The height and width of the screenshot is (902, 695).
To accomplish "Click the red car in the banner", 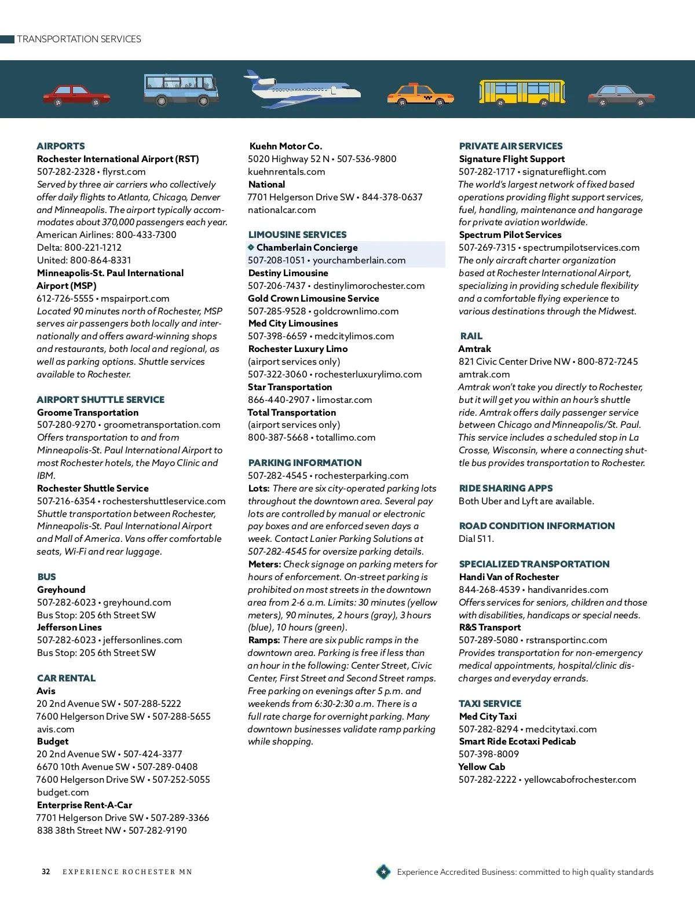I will [x=76, y=95].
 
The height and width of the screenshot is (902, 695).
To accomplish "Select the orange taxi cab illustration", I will [x=420, y=94].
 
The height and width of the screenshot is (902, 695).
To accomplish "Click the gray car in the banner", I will [x=621, y=96].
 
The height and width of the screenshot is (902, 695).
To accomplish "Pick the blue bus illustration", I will [x=181, y=89].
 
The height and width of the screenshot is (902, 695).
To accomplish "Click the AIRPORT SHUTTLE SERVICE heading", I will [x=100, y=399].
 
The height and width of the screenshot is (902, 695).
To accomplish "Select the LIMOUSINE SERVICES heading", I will [x=297, y=234].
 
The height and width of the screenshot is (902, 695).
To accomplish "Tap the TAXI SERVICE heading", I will [x=490, y=703].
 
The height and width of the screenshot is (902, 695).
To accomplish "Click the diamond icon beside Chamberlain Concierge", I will [x=251, y=247].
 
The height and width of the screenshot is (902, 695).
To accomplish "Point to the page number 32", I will [x=46, y=872].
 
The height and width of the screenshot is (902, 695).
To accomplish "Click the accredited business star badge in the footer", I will [x=383, y=871].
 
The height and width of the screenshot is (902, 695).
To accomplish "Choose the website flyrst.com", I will [x=124, y=171].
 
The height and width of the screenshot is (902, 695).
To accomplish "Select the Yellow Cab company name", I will [x=481, y=767].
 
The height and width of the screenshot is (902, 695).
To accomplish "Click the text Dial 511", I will [x=476, y=538].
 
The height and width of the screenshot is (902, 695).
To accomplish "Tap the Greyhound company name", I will [x=61, y=589].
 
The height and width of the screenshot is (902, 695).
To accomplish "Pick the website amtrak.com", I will [x=484, y=374].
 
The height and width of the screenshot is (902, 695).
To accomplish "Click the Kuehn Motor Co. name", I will [x=286, y=146].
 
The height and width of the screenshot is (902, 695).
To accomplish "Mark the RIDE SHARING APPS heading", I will [x=506, y=488].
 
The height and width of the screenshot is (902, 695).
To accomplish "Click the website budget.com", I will [x=63, y=792].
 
